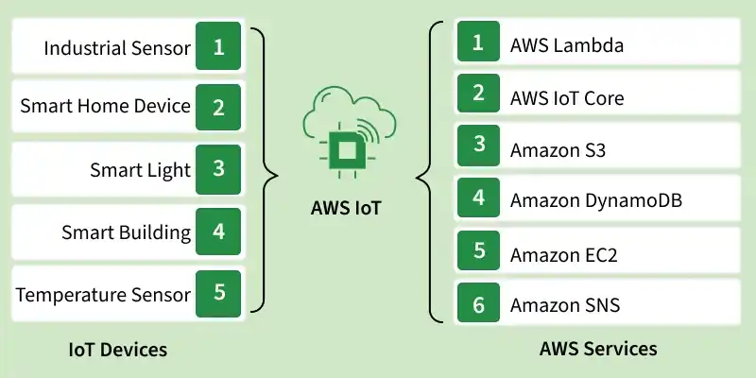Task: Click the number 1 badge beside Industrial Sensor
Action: coord(218,46)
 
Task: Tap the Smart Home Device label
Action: coord(105,106)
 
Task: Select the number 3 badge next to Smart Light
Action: coord(218,169)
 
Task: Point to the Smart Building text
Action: coord(127,233)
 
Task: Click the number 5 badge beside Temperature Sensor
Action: coord(218,293)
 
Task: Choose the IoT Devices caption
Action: coord(117,350)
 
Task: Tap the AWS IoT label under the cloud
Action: coord(346,208)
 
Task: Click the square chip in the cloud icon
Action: coord(346,151)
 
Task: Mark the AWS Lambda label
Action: coord(567,45)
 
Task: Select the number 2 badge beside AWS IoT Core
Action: coord(478,94)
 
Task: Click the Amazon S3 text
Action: coord(558,150)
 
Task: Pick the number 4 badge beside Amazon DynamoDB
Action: coord(478,198)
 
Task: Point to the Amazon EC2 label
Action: coord(563,255)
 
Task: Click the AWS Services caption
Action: coord(598,348)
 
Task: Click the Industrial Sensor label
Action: coord(117,48)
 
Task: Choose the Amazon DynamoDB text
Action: coord(596,200)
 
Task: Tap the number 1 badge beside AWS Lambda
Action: coord(478,42)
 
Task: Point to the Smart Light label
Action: coord(140,170)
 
